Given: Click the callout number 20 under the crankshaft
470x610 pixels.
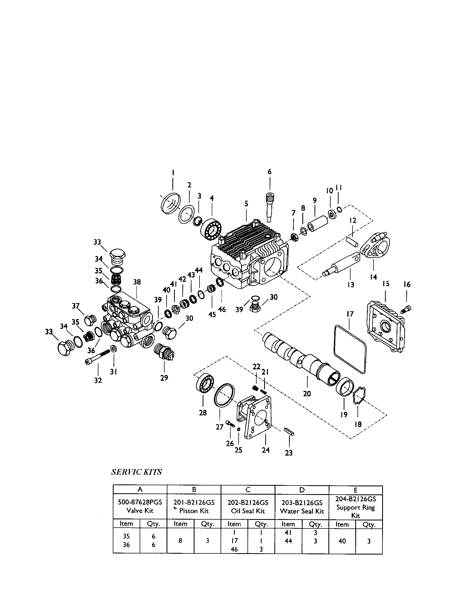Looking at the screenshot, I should [307, 393].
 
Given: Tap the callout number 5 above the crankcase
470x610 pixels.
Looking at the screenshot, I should [246, 204].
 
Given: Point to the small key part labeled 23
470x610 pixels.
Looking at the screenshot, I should [289, 431].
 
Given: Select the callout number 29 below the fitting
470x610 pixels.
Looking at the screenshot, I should [164, 378].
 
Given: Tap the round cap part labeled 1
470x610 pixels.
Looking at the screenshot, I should [170, 203].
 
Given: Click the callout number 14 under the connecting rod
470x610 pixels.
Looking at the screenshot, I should [373, 277].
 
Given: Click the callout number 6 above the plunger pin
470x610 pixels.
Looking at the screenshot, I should [269, 172].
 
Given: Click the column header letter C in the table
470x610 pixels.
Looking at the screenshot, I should [248, 489].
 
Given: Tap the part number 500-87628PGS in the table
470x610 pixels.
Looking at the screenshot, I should [140, 502].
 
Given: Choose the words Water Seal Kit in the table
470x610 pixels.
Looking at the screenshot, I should [302, 511].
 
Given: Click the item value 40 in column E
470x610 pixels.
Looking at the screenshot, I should [342, 541].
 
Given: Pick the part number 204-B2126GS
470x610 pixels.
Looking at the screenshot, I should [355, 499].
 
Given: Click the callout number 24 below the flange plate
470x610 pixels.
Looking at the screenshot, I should [265, 450].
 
